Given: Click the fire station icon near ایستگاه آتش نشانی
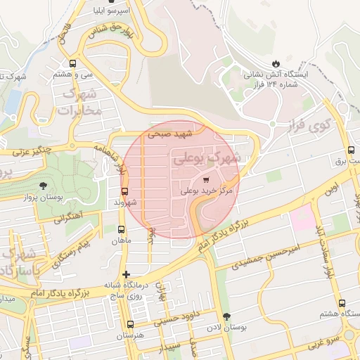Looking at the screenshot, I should [274, 62].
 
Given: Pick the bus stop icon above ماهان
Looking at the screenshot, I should [122, 229].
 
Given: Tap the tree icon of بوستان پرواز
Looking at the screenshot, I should [44, 186].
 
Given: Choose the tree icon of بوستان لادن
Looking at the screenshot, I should [226, 316].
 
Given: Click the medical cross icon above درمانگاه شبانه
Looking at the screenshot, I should [126, 274].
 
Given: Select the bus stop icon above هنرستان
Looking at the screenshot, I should [129, 324].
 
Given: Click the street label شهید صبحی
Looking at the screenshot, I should [175, 134].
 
